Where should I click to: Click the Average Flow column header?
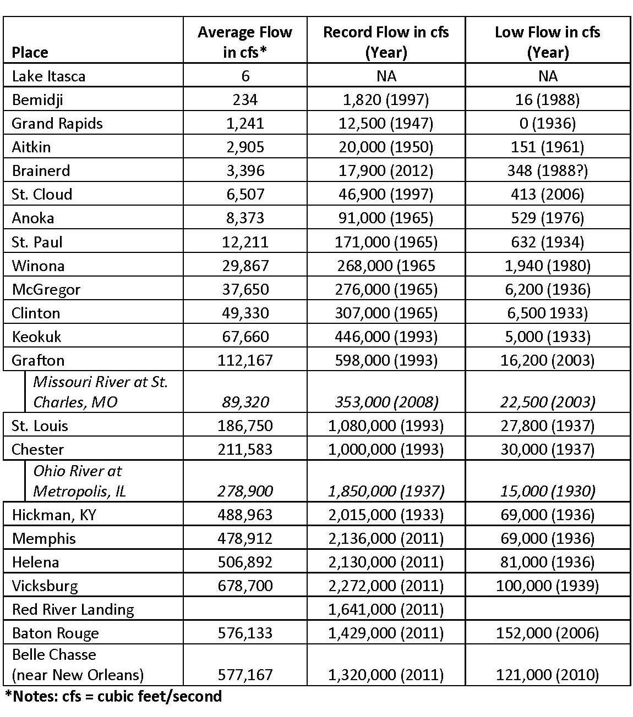(x=245, y=42)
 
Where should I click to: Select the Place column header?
(x=30, y=52)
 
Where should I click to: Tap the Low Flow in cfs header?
(x=547, y=42)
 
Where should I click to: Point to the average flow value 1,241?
(x=245, y=123)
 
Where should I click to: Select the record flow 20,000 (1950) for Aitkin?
(x=385, y=147)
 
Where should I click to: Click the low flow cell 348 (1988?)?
(x=547, y=170)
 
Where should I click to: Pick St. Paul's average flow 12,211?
(x=245, y=242)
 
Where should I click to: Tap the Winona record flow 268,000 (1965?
(x=385, y=266)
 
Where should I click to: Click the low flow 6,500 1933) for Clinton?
(x=547, y=313)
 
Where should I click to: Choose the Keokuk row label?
(x=36, y=337)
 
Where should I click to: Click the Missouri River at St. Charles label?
(x=100, y=391)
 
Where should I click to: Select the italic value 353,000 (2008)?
(x=386, y=402)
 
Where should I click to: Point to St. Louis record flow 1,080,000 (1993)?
(x=386, y=426)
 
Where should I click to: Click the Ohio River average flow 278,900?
(x=245, y=491)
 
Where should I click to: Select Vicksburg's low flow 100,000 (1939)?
(x=547, y=586)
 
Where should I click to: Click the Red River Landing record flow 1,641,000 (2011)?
(x=386, y=609)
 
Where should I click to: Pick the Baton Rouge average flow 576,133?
(x=245, y=633)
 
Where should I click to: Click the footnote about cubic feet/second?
(x=113, y=696)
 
